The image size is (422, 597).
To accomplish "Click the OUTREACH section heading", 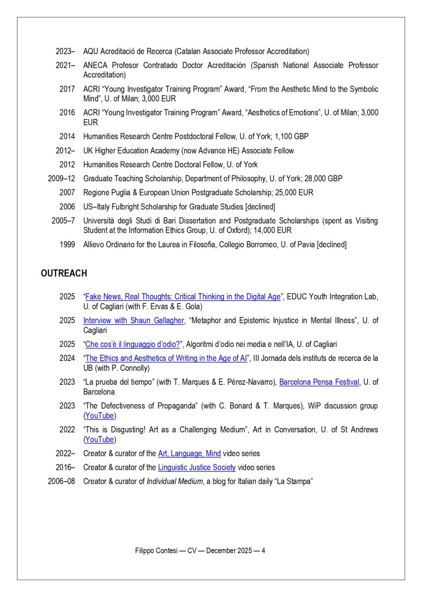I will coord(64,273).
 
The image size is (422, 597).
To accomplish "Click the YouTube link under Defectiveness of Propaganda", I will coord(100,416).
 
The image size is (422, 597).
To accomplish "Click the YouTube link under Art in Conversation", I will coord(100,439).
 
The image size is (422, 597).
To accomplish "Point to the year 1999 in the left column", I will coord(67,245).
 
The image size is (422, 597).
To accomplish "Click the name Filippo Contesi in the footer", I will coord(154,550).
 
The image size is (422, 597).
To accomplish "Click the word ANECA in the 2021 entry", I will coord(96,65).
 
